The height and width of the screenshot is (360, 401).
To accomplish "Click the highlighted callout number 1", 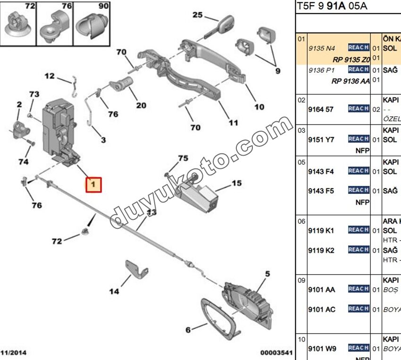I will pos(93,184).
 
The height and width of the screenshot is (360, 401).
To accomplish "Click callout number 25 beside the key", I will pos(197,15).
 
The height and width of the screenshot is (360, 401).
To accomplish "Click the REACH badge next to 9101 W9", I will pos(358,348).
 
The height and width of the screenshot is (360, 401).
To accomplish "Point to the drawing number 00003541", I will pos(276,352).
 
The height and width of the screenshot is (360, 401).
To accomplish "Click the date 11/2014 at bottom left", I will pos(16,352).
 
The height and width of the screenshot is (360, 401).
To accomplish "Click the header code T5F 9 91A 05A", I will pos(332,6).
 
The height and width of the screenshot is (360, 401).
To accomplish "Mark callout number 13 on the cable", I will pos(150,212).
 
